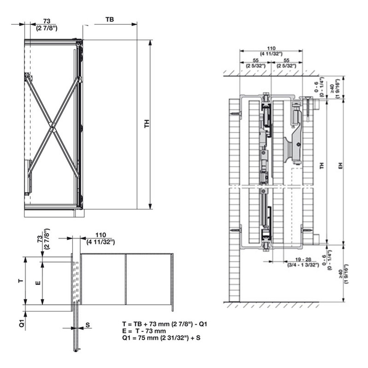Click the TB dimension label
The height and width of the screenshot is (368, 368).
point(110,19)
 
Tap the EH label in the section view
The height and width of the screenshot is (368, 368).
point(340,166)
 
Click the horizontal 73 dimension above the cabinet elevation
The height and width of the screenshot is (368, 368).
point(47,21)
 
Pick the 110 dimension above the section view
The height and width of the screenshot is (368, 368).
point(271,48)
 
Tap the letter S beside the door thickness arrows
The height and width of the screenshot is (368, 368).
point(88,325)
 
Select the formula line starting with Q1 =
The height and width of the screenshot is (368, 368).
point(161,338)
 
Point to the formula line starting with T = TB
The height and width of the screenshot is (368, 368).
point(164,324)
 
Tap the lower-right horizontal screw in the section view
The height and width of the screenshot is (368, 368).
point(307,230)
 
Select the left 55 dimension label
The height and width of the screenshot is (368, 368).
point(256,60)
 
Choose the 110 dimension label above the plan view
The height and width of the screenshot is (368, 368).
point(101,235)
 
